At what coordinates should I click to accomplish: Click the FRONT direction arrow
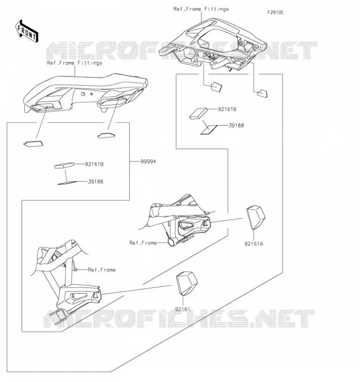[x=27, y=32]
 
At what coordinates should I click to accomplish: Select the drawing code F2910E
[x=275, y=12]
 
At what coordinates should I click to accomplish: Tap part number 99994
[x=148, y=161]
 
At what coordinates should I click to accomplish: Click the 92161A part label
[x=254, y=244]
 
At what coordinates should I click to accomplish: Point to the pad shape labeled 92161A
[x=256, y=217]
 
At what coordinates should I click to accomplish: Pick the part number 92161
[x=182, y=309]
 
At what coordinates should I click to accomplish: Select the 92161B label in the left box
[x=94, y=164]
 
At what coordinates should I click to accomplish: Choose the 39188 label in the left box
[x=95, y=181]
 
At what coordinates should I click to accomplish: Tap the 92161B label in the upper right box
[x=227, y=109]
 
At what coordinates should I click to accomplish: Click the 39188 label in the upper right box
[x=236, y=126]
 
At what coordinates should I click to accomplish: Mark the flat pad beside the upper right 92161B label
[x=198, y=114]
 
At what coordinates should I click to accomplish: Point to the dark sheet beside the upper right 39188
[x=209, y=130]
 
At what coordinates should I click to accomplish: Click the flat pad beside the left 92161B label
[x=64, y=165]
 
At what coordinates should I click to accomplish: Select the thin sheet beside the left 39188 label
[x=67, y=183]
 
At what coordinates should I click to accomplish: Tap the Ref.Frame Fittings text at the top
[x=201, y=9]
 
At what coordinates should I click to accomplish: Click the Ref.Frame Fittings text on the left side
[x=74, y=63]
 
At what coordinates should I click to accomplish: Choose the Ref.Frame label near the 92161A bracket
[x=143, y=243]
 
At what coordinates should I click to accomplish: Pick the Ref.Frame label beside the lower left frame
[x=102, y=270]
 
